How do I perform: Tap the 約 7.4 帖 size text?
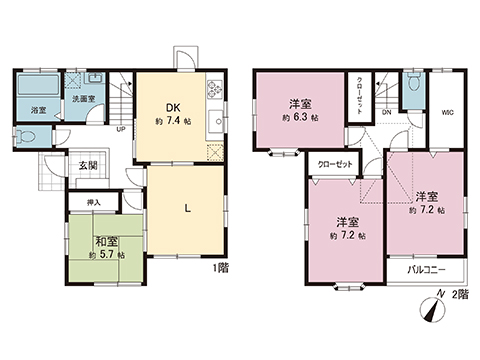pyautogui.click(x=172, y=120)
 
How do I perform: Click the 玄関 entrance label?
pyautogui.click(x=89, y=165)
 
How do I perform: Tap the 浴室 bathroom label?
pyautogui.click(x=36, y=109)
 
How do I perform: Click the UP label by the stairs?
pyautogui.click(x=121, y=130)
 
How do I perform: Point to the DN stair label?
pyautogui.click(x=384, y=114)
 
